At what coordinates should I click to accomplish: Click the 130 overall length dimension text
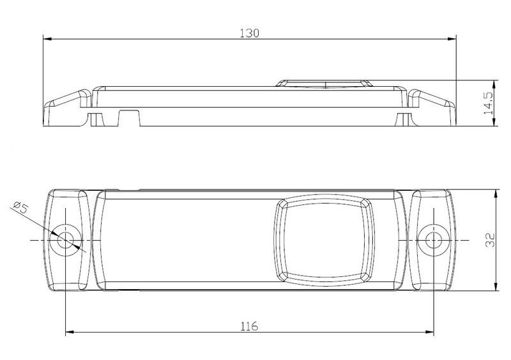pyautogui.click(x=249, y=33)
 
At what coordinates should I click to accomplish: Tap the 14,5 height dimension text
pyautogui.click(x=488, y=103)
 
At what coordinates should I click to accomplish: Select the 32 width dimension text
pyautogui.click(x=490, y=240)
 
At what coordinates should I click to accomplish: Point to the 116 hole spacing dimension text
pyautogui.click(x=249, y=326)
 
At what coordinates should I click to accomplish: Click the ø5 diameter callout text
pyautogui.click(x=21, y=207)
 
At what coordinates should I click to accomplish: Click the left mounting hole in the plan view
pyautogui.click(x=65, y=241)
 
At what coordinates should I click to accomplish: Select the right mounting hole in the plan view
pyautogui.click(x=434, y=241)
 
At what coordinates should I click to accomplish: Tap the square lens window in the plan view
pyautogui.click(x=324, y=240)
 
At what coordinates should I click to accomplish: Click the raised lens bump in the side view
pyautogui.click(x=324, y=84)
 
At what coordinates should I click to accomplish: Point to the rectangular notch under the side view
pyautogui.click(x=129, y=118)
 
